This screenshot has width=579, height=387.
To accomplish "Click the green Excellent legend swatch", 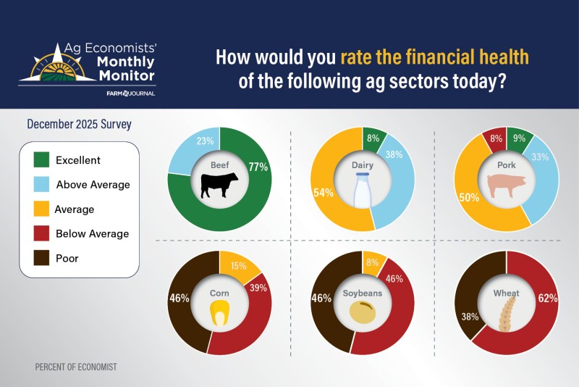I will tap(42, 159).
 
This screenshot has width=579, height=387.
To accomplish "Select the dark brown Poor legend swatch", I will tap(42, 258).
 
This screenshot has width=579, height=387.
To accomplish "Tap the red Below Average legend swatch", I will tap(42, 233).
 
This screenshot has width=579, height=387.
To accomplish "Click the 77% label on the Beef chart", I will tap(258, 167).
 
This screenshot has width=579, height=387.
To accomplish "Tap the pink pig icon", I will tap(506, 188).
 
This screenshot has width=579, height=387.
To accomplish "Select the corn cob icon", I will tap(219, 314).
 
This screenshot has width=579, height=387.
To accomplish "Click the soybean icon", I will tap(362, 312).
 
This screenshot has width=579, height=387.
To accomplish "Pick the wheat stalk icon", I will tap(506, 312).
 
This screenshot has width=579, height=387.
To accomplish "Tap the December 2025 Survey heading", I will tap(79, 124).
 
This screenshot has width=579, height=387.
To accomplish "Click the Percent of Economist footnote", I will tap(75, 367).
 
